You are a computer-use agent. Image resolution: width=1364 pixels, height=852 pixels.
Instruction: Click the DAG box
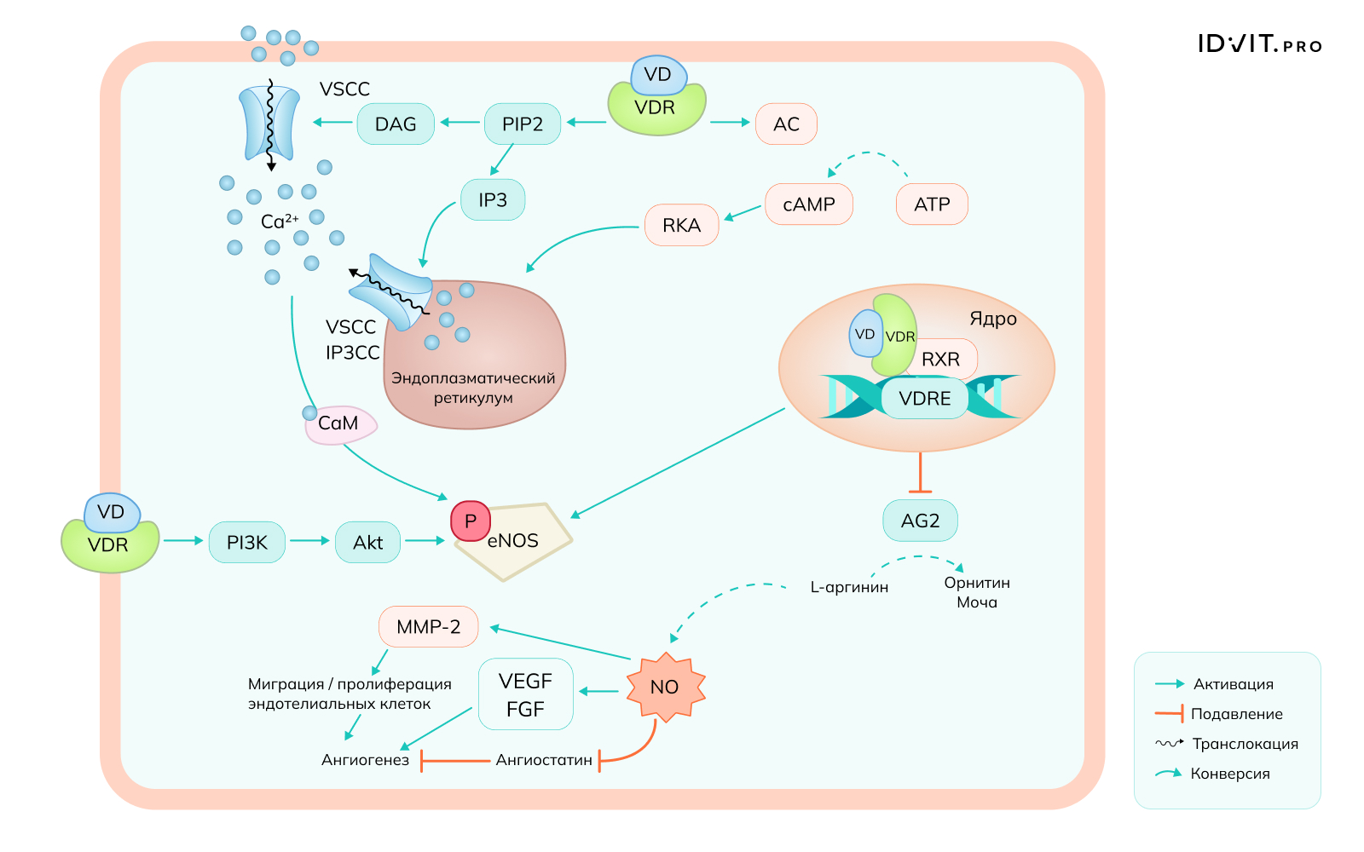396,124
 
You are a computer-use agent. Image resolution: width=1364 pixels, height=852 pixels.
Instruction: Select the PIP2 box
523,124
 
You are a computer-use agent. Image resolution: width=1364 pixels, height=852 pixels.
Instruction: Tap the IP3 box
493,200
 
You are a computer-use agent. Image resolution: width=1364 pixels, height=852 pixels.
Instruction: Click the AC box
786,124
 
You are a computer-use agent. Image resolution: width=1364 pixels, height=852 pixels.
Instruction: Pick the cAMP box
809,204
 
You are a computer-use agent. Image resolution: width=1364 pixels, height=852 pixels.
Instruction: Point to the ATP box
932,204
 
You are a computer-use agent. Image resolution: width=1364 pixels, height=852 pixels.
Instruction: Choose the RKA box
681,225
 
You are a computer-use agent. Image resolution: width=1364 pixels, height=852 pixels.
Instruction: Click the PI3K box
247,543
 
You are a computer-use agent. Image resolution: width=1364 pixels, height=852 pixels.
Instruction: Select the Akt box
368,543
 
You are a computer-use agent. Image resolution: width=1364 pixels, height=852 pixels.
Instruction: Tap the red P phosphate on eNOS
471,521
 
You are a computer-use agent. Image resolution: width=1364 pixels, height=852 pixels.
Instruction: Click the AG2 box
920,521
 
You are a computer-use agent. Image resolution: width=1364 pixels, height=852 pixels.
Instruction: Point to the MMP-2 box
428,627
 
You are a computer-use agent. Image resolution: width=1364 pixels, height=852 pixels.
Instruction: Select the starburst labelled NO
665,688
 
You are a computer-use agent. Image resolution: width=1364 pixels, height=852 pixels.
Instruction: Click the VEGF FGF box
525,694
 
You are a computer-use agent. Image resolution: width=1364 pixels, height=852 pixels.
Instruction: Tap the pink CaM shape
340,424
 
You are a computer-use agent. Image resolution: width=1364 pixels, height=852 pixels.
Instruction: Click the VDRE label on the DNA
924,399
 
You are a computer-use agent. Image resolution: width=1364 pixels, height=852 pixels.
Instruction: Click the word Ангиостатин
544,760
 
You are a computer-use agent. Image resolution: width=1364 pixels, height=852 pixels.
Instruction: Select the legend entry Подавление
1236,714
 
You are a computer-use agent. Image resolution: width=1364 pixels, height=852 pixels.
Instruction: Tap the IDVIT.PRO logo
1259,44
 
